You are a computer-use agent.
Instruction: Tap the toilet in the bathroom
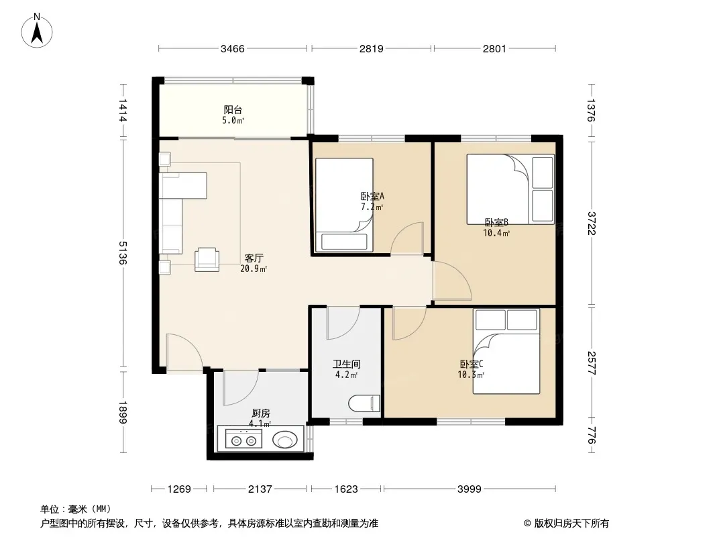(x=364, y=404)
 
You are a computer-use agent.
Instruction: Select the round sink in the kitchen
(x=285, y=440)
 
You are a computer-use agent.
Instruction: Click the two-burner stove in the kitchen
(x=243, y=440)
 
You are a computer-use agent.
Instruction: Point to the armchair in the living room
(x=207, y=260)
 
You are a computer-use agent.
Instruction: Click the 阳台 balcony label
(x=233, y=110)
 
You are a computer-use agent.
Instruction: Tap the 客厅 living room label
(x=254, y=258)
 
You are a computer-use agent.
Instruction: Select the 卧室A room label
(x=372, y=196)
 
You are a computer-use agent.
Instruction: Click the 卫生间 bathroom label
(x=347, y=364)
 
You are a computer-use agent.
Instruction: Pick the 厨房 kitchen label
(x=260, y=413)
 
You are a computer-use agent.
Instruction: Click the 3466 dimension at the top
(x=233, y=48)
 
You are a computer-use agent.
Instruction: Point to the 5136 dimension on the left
(x=122, y=253)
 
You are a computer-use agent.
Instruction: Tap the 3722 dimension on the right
(x=591, y=223)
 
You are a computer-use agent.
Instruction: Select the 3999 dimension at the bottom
(x=470, y=489)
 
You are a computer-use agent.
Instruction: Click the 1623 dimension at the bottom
(x=345, y=489)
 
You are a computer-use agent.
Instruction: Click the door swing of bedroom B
(x=452, y=281)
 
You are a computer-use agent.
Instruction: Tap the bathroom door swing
(x=343, y=323)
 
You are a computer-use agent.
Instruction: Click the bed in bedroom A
(x=344, y=205)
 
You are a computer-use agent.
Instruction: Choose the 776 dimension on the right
(x=591, y=435)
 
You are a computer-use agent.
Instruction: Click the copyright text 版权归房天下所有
(x=571, y=524)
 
